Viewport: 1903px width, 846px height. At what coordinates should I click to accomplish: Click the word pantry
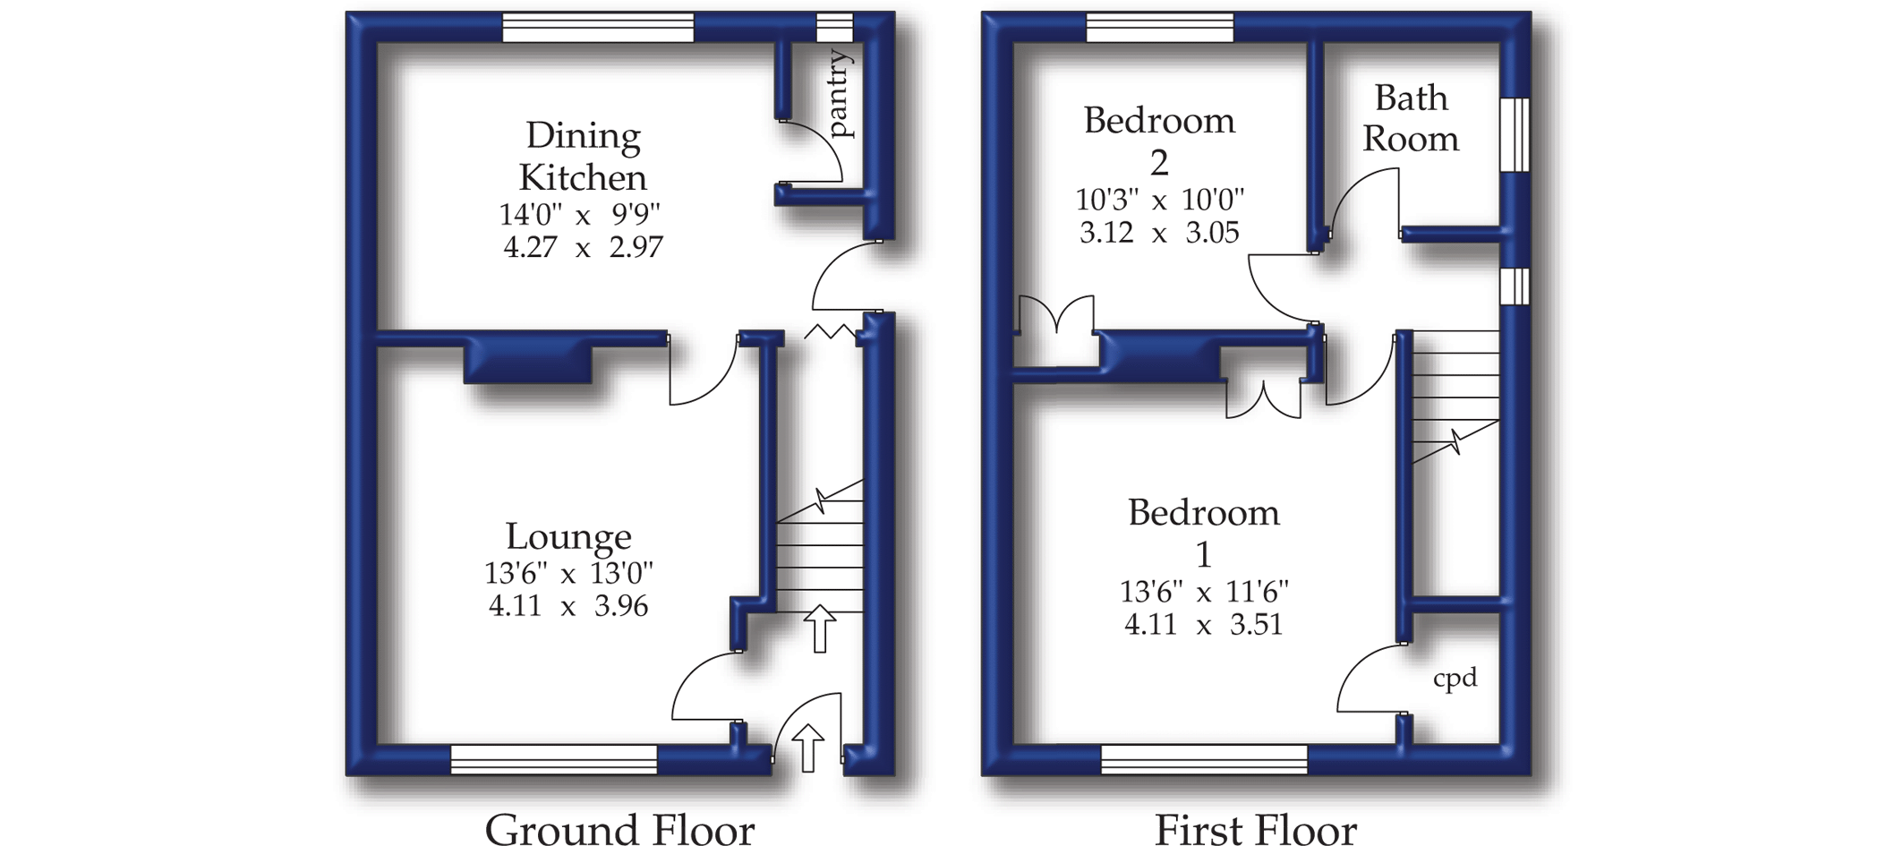coord(841,94)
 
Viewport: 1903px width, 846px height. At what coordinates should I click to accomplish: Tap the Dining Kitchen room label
coord(583,157)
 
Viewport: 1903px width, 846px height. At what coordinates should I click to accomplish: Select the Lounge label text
coord(568,536)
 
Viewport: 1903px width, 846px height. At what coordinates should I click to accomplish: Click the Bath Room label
coord(1411,118)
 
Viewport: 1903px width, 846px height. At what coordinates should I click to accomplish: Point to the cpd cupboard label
coord(1455,679)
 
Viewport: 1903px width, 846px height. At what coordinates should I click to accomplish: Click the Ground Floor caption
coord(619,828)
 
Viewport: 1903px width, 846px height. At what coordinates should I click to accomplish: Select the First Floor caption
coord(1255,828)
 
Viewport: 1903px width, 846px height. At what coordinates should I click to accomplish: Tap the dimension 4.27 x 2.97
coord(583,246)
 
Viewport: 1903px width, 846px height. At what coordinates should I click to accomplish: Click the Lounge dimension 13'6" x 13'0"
coord(568,572)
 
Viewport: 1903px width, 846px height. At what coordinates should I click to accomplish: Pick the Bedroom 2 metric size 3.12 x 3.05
coord(1159,233)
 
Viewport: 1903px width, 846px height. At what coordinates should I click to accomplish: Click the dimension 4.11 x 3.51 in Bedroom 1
coord(1203,624)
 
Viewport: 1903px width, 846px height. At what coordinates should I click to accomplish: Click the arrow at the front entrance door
coord(808,747)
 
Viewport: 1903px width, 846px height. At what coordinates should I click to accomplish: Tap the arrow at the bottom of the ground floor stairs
coord(819,628)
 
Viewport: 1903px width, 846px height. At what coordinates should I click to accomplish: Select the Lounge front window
coord(554,759)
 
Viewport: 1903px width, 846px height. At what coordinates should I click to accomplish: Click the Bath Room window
coord(1515,134)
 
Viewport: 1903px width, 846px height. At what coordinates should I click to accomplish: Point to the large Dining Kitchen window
coord(598,28)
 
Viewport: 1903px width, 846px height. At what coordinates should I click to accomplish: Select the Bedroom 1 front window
coord(1204,759)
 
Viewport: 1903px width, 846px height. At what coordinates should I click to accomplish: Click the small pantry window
coord(834,28)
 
